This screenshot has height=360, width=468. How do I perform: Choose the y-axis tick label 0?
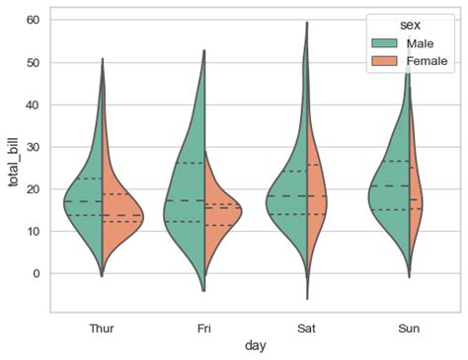[35, 273]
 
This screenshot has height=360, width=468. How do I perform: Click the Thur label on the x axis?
[102, 326]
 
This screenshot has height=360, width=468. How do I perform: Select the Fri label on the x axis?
[204, 326]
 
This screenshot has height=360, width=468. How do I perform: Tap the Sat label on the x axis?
[307, 326]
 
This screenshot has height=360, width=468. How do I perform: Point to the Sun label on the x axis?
[410, 326]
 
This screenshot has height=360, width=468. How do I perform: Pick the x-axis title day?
[256, 345]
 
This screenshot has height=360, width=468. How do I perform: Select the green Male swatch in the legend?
[382, 44]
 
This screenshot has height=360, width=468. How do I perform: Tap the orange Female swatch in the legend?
[382, 62]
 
